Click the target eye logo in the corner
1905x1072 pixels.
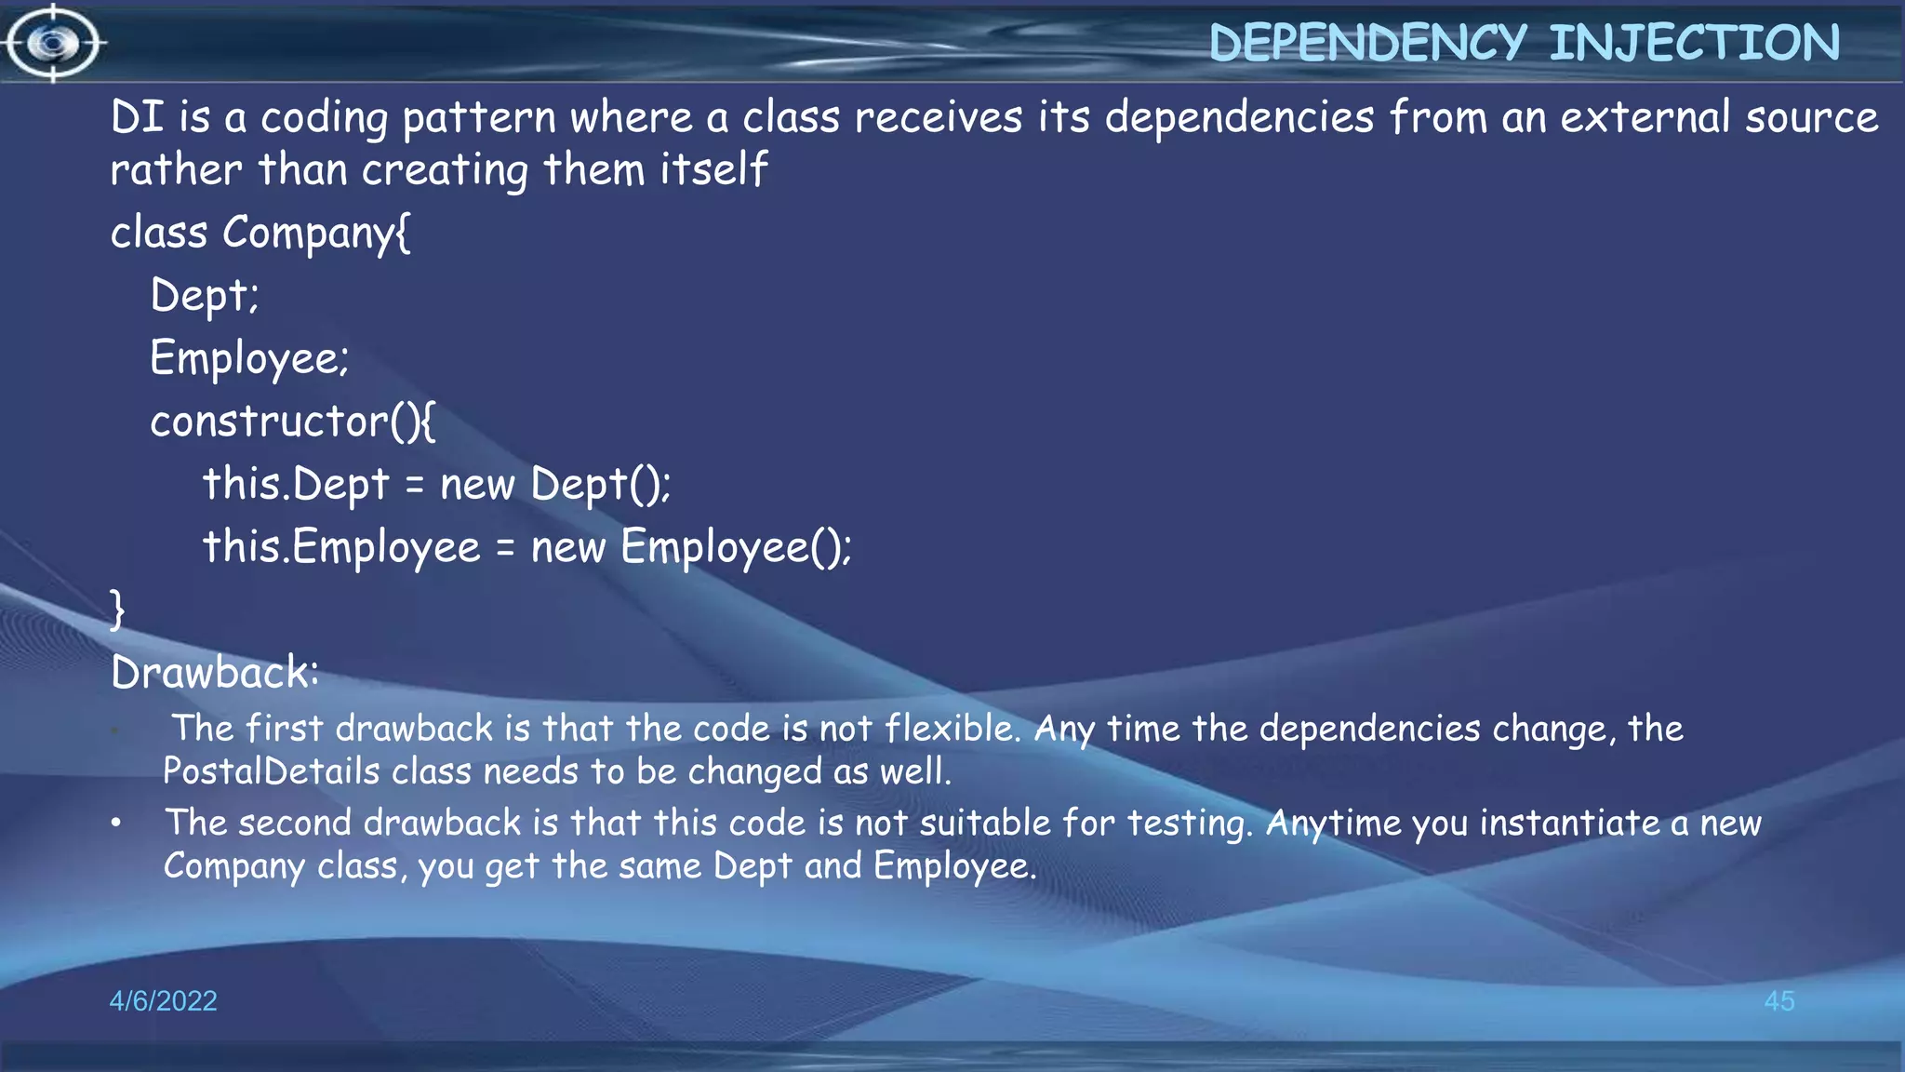point(53,43)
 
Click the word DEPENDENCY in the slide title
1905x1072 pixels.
point(1367,43)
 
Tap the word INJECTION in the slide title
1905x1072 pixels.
point(1694,43)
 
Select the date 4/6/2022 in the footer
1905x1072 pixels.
point(163,1000)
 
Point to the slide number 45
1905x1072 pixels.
point(1778,1000)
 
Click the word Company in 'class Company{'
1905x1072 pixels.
point(315,234)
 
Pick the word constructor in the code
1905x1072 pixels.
point(269,422)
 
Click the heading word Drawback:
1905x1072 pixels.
point(215,673)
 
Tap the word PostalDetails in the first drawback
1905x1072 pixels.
point(271,771)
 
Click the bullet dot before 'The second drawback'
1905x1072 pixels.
point(115,823)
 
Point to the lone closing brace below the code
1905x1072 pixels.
point(117,610)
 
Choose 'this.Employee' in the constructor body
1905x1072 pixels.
point(341,547)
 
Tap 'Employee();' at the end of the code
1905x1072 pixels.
point(735,547)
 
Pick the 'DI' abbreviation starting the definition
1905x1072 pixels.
point(137,118)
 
